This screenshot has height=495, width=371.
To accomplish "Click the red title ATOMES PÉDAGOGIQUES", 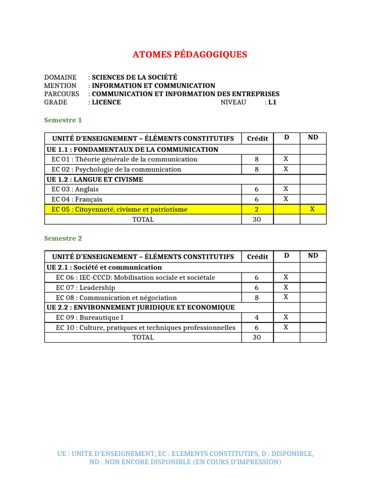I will click(190, 55).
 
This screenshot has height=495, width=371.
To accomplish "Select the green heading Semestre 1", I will click(63, 120).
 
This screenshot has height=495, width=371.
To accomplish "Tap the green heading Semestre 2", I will click(63, 238).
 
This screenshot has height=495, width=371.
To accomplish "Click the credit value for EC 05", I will click(257, 209).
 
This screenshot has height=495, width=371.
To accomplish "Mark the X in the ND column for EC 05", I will click(313, 209).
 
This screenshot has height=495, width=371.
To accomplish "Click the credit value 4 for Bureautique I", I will click(257, 318).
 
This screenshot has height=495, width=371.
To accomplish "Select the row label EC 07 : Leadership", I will click(86, 288).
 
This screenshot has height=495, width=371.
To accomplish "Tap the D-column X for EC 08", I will click(286, 297).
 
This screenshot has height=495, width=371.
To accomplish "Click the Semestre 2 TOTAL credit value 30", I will click(257, 337).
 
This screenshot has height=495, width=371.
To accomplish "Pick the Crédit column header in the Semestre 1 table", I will click(257, 138).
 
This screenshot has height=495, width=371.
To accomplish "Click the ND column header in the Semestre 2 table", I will click(313, 255).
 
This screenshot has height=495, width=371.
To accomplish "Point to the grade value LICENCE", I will click(106, 102).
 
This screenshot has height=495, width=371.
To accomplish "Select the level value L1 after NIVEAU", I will click(272, 102).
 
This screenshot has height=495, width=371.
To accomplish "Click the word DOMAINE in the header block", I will click(60, 77).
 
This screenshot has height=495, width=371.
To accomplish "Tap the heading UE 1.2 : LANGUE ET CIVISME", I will click(95, 179).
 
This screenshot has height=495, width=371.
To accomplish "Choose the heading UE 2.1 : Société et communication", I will click(104, 267).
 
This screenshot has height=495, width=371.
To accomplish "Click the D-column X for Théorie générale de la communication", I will click(286, 159).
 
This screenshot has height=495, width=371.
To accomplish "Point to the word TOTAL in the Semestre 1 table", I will click(143, 219).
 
